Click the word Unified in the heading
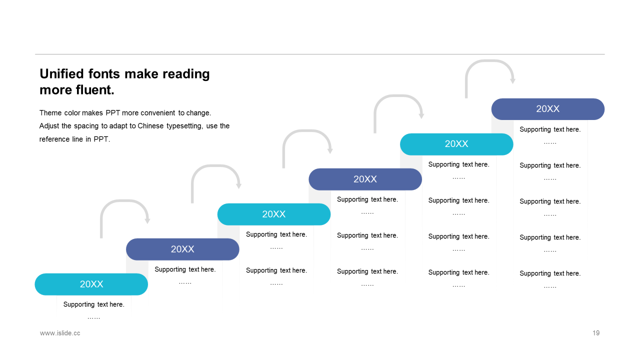tap(61, 73)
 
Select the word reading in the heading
tap(186, 74)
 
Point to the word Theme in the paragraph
tap(50, 113)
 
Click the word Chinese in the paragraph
tap(150, 126)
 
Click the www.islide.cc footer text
tap(60, 333)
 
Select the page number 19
tap(596, 333)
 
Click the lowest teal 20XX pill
tap(91, 284)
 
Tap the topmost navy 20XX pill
tap(547, 109)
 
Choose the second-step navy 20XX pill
tap(182, 249)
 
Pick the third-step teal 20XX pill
tap(273, 214)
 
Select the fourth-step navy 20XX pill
tap(365, 179)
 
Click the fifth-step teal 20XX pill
tap(456, 144)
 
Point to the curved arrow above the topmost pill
tap(489, 61)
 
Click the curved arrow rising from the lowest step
tap(124, 201)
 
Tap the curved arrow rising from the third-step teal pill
tap(307, 131)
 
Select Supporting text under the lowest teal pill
tap(93, 304)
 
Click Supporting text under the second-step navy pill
tap(185, 269)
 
